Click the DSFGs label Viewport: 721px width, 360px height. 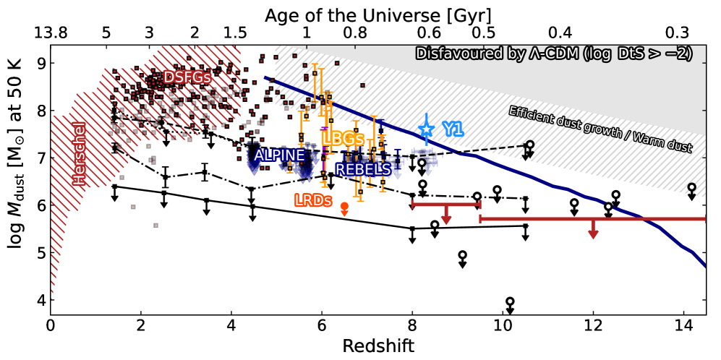[x=187, y=77]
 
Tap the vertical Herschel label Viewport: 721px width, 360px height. [x=80, y=153]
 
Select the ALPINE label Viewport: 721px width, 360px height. [x=279, y=155]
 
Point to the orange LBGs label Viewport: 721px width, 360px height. [x=342, y=139]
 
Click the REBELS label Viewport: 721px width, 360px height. [x=363, y=170]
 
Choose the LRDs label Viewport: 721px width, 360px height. [x=312, y=201]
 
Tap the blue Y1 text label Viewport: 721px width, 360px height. [x=453, y=129]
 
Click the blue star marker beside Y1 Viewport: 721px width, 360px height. [x=426, y=129]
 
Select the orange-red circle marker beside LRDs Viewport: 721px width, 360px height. [x=344, y=207]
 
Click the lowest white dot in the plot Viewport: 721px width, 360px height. [x=510, y=301]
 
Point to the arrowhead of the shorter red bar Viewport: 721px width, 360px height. [x=446, y=220]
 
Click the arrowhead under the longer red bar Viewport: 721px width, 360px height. [x=593, y=234]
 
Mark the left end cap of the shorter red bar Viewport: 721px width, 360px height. [x=412, y=205]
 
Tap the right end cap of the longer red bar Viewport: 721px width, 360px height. [x=704, y=218]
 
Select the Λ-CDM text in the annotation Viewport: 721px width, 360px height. [x=556, y=53]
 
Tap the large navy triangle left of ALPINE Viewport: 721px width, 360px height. [x=254, y=168]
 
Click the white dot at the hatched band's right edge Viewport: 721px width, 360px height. [x=691, y=187]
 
